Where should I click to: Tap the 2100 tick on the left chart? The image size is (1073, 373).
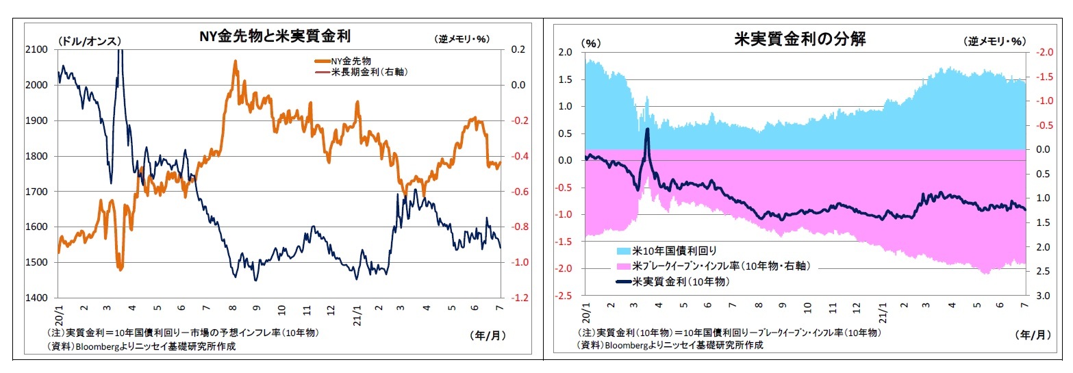point(36,49)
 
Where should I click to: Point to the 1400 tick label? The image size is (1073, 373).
point(36,298)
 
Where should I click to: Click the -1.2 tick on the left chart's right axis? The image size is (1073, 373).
point(519,298)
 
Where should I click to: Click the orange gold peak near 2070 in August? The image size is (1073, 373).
point(236,61)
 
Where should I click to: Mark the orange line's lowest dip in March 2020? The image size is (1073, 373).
point(121,269)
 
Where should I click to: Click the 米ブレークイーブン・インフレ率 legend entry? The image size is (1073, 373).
point(712,266)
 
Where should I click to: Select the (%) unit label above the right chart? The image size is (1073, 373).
point(590,42)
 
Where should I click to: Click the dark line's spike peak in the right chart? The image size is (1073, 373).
point(647,129)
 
